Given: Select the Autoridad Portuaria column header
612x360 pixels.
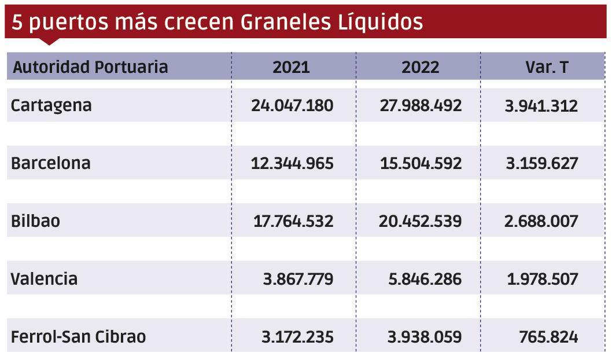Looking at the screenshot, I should click(90, 67).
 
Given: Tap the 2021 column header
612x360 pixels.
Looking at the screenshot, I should click(292, 67).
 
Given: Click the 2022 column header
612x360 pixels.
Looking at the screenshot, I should click(421, 67).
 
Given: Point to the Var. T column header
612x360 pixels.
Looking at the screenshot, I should click(547, 67).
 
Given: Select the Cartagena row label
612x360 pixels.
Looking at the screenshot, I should click(51, 105).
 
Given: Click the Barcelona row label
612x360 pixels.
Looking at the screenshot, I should click(51, 163).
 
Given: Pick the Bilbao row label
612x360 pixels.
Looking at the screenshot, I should click(35, 221).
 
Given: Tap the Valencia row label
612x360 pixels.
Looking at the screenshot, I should click(44, 279).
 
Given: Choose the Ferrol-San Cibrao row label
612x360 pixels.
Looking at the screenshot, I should click(78, 336).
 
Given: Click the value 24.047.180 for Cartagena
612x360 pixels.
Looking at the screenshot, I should click(292, 105).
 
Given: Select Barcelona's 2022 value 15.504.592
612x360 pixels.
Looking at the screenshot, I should click(421, 163).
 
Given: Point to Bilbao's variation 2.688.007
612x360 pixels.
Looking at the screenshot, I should click(541, 221).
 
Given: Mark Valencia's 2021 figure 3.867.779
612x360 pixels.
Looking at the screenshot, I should click(298, 279).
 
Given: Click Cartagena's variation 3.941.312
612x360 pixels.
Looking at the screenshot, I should click(541, 105).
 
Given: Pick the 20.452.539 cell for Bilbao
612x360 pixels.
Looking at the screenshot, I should click(421, 221).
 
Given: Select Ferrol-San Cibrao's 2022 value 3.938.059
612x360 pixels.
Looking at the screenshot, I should click(425, 336).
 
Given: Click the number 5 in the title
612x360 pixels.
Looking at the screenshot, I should click(17, 22).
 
